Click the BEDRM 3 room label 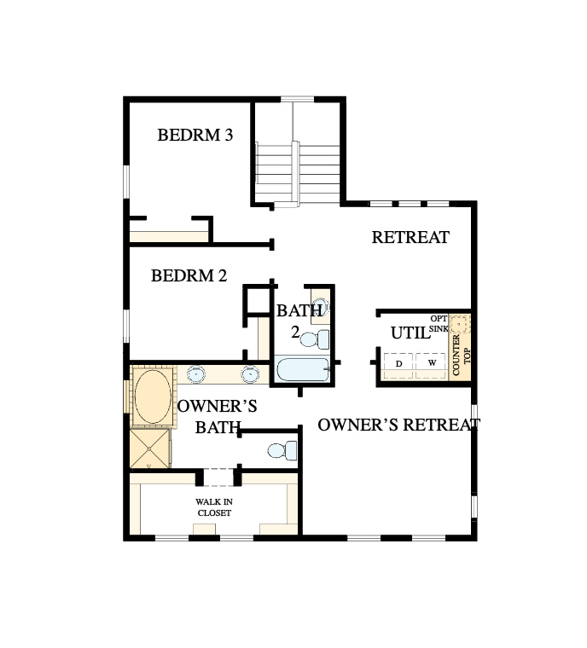tap(195, 135)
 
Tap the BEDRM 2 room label tap(189, 275)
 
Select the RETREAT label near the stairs tap(410, 237)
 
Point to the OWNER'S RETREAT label tap(398, 425)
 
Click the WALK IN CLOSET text tap(214, 507)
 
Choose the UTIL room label tap(410, 333)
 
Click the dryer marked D tap(398, 364)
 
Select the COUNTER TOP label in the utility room tap(461, 355)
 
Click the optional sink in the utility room tap(460, 324)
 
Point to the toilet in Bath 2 tap(314, 339)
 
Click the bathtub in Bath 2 tap(303, 370)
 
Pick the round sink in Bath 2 tap(321, 307)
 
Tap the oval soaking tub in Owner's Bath tap(153, 396)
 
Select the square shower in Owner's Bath tap(150, 448)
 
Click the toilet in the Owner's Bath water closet tap(282, 451)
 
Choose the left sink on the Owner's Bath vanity tap(195, 374)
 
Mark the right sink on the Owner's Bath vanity tap(250, 374)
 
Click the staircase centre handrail tap(295, 174)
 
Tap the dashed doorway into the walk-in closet tap(218, 477)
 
